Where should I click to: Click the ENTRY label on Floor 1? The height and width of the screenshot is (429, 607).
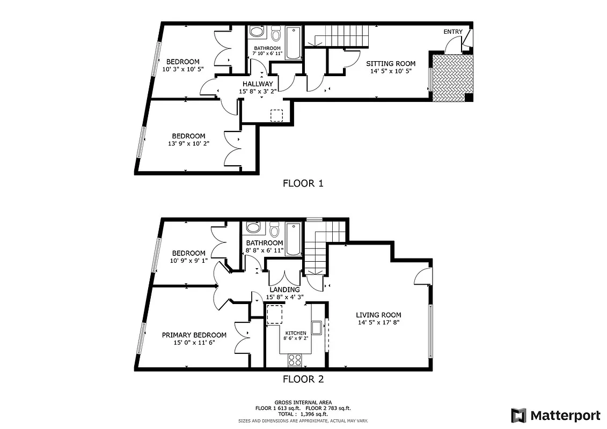click(x=452, y=32)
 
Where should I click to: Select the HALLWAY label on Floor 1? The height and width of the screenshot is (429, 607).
click(x=258, y=84)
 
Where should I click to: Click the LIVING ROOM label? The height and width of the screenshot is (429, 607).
click(x=379, y=315)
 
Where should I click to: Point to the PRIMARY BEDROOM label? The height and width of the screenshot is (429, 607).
click(x=194, y=335)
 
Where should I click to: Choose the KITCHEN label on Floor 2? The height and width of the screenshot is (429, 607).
click(x=296, y=333)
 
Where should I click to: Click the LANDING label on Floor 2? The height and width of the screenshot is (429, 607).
click(x=284, y=290)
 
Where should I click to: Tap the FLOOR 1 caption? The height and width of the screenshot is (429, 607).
click(x=303, y=183)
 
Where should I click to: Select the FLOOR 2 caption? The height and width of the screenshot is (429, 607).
click(x=303, y=379)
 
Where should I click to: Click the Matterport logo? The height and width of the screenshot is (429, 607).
click(x=555, y=415)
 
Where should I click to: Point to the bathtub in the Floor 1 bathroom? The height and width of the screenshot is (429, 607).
click(x=293, y=42)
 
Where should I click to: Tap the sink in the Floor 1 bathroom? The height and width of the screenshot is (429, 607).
click(x=257, y=33)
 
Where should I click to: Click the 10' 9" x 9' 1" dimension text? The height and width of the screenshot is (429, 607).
click(x=188, y=261)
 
